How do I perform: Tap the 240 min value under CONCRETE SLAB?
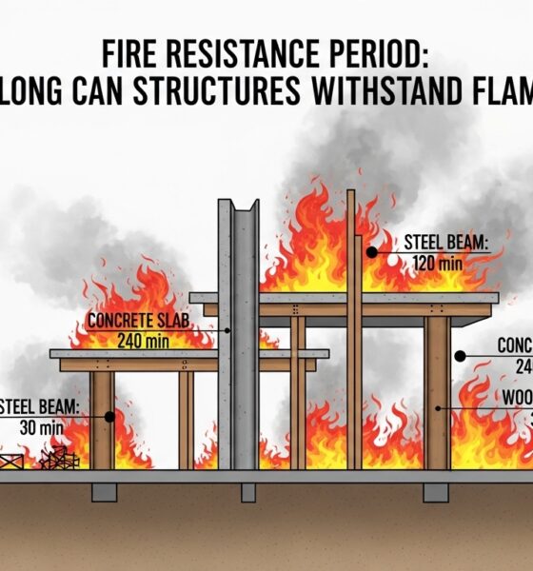tap(142, 339)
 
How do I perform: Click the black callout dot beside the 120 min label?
tap(371, 252)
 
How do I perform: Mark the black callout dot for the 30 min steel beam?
tap(110, 416)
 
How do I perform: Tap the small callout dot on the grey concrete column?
tap(229, 329)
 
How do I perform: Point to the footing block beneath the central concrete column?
tap(247, 492)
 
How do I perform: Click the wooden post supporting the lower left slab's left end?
tap(101, 419)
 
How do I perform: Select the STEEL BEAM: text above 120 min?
tap(445, 243)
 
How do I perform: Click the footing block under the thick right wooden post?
tap(435, 492)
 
